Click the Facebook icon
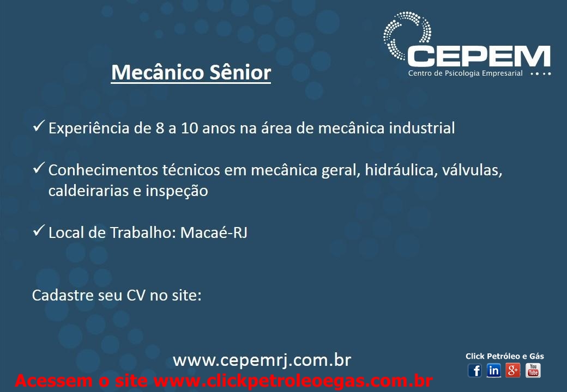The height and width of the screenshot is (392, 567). tap(475, 370)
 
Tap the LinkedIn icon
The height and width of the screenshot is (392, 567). tap(493, 370)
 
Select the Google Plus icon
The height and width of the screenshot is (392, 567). tap(513, 370)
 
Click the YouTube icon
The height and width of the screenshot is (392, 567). tap(533, 370)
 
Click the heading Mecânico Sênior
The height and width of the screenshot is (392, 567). tap(191, 72)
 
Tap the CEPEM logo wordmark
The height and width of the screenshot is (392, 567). tap(479, 56)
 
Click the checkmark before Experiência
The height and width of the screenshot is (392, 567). tap(38, 126)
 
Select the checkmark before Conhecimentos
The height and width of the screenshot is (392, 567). tap(38, 168)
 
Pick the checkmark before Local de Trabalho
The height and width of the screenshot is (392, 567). tap(38, 230)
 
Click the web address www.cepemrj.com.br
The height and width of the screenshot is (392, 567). tap(262, 360)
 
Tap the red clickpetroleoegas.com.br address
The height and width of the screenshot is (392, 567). tap(293, 381)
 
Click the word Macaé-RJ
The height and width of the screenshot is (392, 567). tap(214, 232)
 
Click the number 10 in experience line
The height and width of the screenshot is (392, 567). tap(190, 128)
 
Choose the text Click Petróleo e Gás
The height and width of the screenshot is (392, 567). tap(505, 356)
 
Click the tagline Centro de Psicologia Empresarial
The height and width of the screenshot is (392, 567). tap(466, 73)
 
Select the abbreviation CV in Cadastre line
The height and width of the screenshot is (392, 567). tap(136, 295)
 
